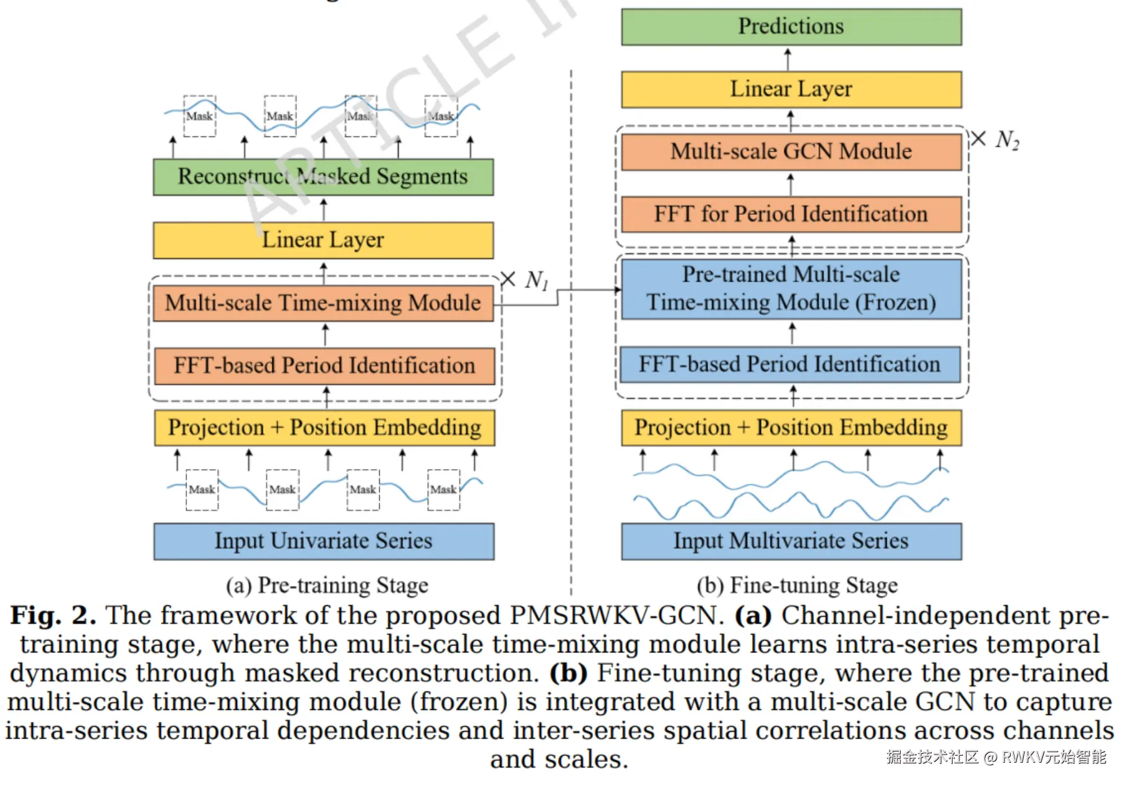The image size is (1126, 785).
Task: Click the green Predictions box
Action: click(791, 27)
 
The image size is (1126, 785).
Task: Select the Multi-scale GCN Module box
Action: click(791, 152)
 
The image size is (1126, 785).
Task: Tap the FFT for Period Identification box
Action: click(791, 214)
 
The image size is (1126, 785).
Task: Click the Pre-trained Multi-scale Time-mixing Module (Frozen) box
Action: click(791, 289)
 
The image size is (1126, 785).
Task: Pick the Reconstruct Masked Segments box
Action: click(323, 177)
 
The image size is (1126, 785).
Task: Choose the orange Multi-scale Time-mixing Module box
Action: click(323, 303)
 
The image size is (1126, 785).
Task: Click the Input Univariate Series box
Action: click(324, 541)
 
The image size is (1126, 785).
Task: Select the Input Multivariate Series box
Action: click(791, 541)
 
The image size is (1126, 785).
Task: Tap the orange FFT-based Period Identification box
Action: click(324, 366)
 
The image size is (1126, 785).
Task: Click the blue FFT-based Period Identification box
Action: click(790, 364)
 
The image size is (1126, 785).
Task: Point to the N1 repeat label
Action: click(536, 281)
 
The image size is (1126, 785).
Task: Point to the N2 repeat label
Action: click(1007, 140)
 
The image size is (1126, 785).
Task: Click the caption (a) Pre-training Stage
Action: click(327, 585)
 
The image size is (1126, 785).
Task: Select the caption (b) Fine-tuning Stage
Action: click(797, 585)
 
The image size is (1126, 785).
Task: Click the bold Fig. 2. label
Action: click(53, 616)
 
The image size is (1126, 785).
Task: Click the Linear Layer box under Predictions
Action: click(791, 89)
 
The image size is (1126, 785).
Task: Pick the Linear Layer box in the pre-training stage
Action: click(323, 240)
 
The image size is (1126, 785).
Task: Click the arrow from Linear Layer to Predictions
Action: click(787, 59)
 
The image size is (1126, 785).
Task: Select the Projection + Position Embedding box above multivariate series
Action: click(791, 428)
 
